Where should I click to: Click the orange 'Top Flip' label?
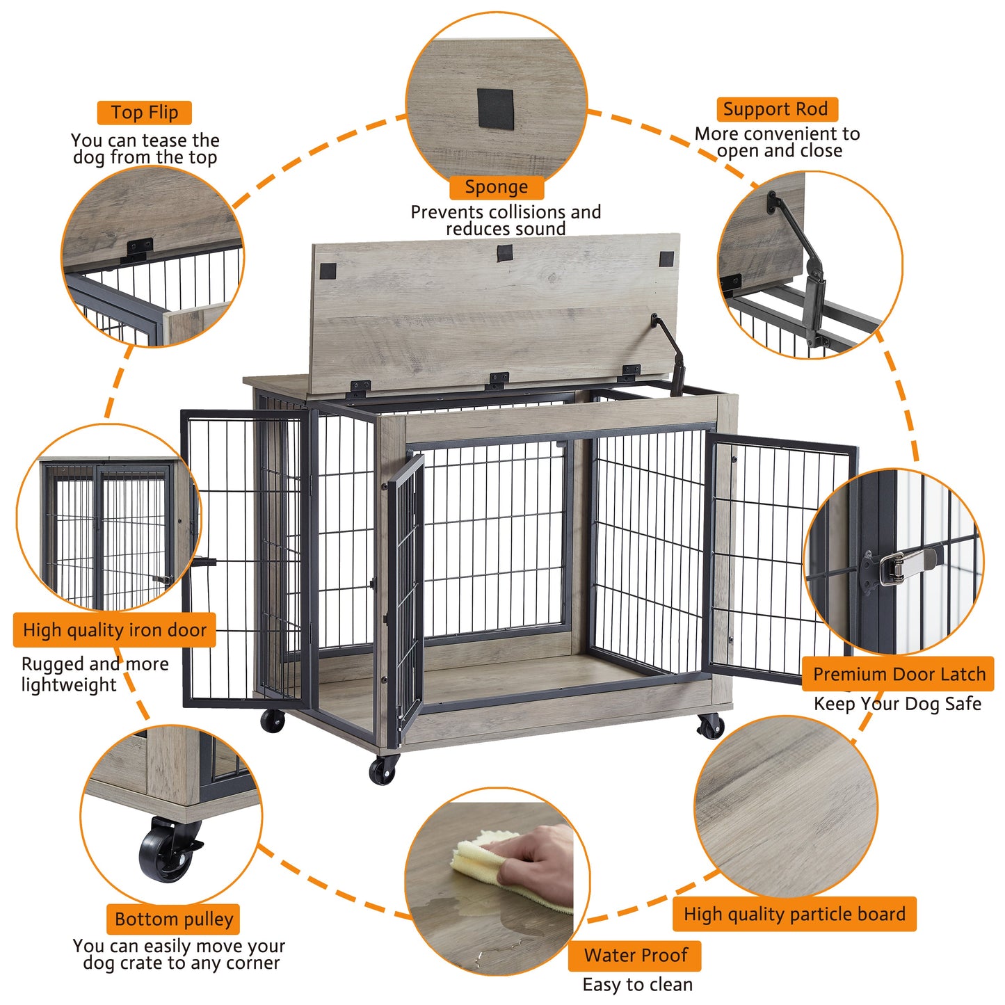click(x=144, y=113)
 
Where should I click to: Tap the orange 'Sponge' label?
click(x=496, y=187)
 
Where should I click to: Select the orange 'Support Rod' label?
click(x=776, y=109)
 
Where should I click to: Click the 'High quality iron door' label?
click(x=115, y=630)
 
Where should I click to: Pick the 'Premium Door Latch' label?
click(x=899, y=674)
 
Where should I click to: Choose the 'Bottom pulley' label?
click(x=173, y=919)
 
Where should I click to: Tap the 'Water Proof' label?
click(x=635, y=956)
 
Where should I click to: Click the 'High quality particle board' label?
click(x=794, y=914)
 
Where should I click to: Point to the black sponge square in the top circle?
click(x=495, y=109)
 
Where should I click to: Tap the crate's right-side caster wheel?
click(x=711, y=727)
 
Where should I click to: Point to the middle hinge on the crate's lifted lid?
click(x=498, y=380)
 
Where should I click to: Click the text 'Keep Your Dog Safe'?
click(x=897, y=704)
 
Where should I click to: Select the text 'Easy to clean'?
click(x=637, y=984)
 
